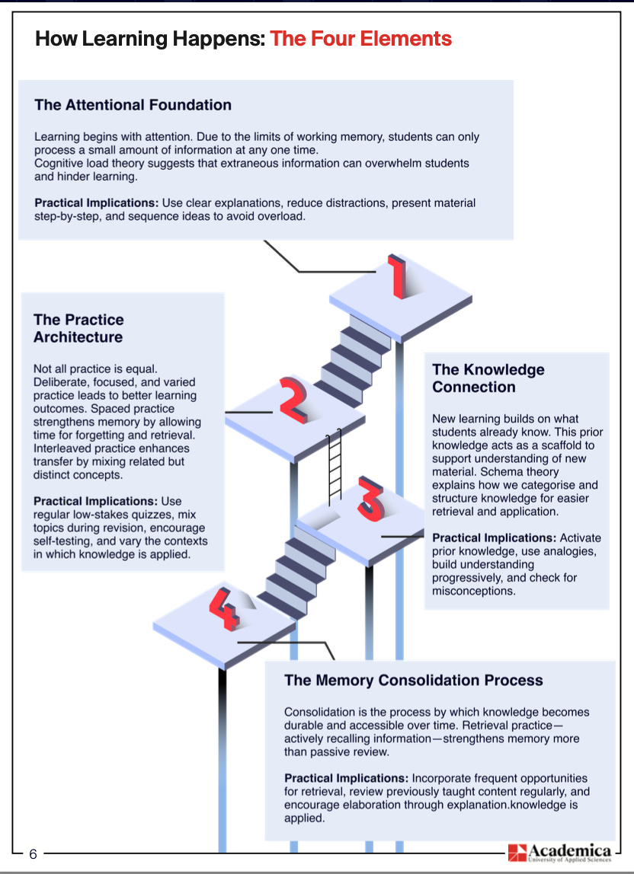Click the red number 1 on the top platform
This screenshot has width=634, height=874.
397,277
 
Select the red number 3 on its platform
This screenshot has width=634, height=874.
373,502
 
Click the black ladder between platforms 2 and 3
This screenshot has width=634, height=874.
333,467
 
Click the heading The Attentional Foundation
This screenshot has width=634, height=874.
133,104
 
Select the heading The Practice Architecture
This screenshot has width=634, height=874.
78,328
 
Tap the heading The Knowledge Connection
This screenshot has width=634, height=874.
488,378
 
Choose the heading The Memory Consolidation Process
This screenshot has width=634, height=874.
413,680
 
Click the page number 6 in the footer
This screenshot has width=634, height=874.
33,853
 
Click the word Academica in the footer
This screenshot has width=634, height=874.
570,850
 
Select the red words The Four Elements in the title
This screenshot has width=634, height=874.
360,38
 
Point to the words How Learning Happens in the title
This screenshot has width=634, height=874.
150,38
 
